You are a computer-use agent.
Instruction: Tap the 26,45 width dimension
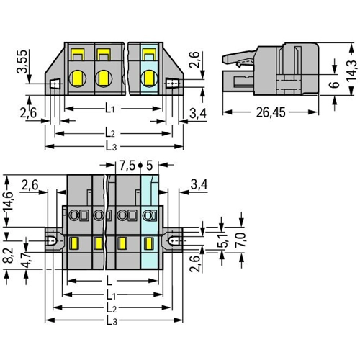tap(271, 112)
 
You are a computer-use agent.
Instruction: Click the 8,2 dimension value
tap(9, 256)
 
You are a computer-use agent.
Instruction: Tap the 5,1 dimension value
tap(223, 240)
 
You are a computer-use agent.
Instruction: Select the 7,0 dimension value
tap(241, 240)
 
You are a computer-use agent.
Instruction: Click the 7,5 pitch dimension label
tap(127, 166)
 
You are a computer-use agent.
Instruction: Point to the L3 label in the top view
tap(111, 146)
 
